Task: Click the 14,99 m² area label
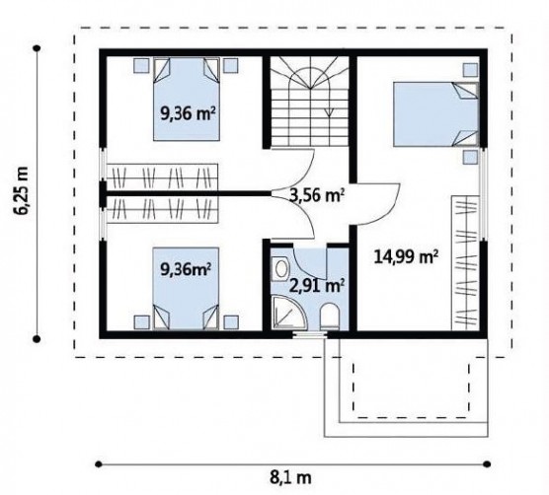pyautogui.click(x=406, y=257)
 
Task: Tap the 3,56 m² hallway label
pyautogui.click(x=317, y=195)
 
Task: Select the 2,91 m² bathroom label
pyautogui.click(x=317, y=286)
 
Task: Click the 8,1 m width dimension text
pyautogui.click(x=290, y=477)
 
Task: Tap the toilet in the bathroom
pyautogui.click(x=330, y=316)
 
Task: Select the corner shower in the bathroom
pyautogui.click(x=289, y=313)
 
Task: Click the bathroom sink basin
pyautogui.click(x=280, y=268)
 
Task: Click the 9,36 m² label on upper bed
pyautogui.click(x=188, y=113)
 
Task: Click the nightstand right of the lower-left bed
pyautogui.click(x=231, y=322)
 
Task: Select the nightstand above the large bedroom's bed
pyautogui.click(x=470, y=70)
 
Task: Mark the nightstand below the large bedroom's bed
pyautogui.click(x=470, y=158)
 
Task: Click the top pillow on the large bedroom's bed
pyautogui.click(x=465, y=91)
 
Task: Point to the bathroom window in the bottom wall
pyautogui.click(x=310, y=335)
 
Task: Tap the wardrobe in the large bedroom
pyautogui.click(x=465, y=263)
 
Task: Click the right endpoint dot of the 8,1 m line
pyautogui.click(x=487, y=464)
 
